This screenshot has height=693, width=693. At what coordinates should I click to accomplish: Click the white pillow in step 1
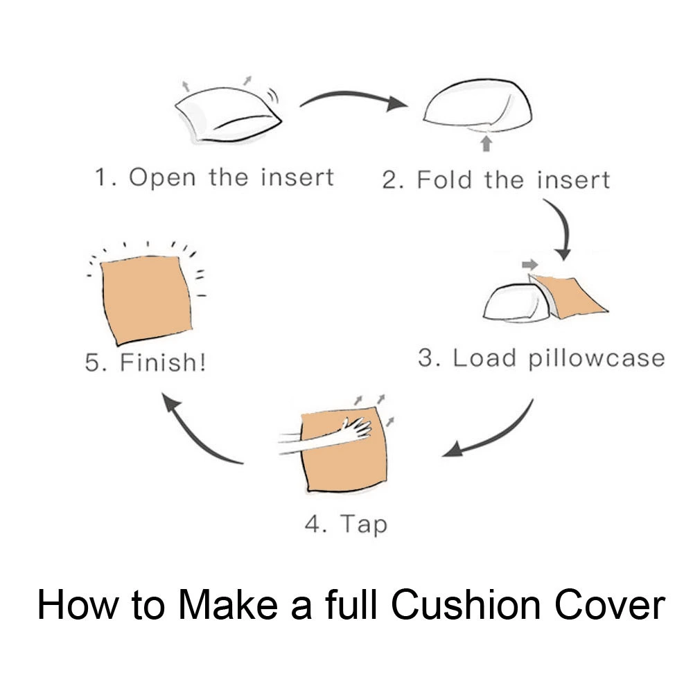pos(228,115)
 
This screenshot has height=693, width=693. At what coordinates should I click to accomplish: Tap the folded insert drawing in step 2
pos(477,106)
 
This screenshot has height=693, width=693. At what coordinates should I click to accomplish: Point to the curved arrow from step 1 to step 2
pos(353,96)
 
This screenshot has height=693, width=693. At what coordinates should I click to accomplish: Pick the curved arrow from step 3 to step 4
pos(495,437)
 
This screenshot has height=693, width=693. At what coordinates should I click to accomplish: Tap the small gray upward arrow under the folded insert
pos(486,143)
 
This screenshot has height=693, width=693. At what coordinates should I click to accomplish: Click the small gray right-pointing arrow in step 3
pos(530,265)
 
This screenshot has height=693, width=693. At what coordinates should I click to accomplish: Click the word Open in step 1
pos(162,178)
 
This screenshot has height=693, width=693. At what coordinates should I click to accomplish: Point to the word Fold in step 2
pos(444,179)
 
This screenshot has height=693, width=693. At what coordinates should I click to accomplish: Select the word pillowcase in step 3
pos(597,358)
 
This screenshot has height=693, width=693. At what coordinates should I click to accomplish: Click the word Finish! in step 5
pos(163,362)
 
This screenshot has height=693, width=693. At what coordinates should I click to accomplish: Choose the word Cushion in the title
pos(466,604)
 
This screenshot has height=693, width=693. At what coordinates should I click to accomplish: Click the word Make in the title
pos(228,604)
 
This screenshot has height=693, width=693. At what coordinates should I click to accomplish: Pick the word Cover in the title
pos(610,604)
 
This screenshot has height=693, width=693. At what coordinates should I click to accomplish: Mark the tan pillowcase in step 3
pos(569,295)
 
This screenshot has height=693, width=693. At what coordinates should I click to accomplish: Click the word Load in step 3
pos(484,358)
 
